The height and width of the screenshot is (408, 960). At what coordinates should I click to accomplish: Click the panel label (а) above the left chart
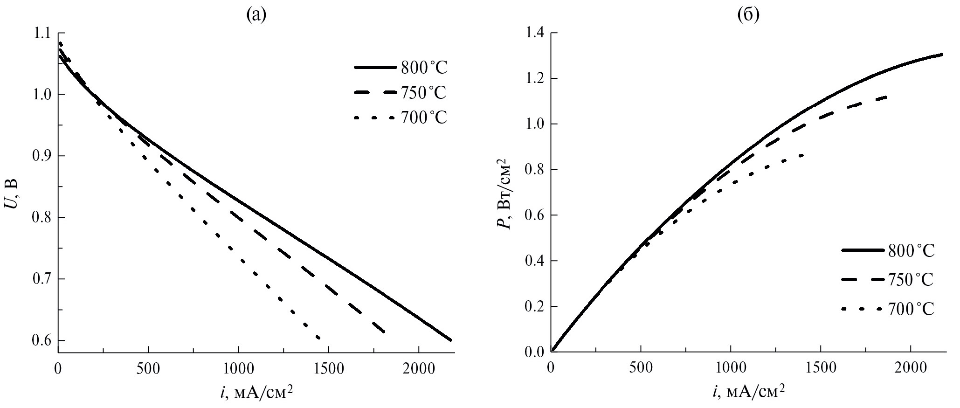(x=256, y=15)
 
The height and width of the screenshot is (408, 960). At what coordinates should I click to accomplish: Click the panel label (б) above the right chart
(x=748, y=15)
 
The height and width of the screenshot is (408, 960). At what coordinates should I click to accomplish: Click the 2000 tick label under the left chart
(x=418, y=369)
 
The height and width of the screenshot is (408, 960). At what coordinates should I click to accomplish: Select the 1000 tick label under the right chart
(x=731, y=368)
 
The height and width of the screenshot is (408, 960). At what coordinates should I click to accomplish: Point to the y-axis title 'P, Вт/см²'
(x=504, y=193)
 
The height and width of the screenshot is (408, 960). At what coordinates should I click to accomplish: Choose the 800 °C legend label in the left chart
(x=423, y=68)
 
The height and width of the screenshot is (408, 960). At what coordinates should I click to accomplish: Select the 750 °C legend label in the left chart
(x=423, y=93)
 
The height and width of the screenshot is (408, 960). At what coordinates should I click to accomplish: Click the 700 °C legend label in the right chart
(x=911, y=309)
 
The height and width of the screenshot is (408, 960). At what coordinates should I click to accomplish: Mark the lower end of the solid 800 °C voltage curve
(x=451, y=340)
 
